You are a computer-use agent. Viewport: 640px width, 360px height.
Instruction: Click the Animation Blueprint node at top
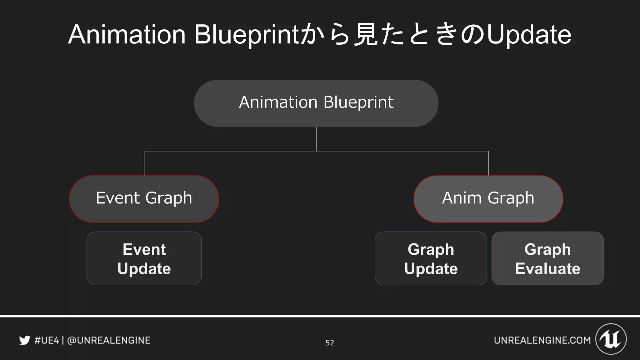click(x=316, y=103)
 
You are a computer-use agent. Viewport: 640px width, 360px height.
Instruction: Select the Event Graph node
click(x=144, y=199)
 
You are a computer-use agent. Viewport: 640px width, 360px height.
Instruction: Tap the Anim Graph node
click(x=488, y=199)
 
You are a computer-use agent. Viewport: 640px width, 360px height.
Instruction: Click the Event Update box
click(x=144, y=258)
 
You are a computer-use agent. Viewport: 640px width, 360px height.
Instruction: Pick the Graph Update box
click(x=431, y=258)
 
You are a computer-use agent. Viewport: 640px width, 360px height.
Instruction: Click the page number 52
click(x=330, y=343)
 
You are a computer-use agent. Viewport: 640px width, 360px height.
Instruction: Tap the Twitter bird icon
click(x=25, y=340)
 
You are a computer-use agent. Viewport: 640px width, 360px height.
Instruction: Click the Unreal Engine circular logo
click(x=611, y=339)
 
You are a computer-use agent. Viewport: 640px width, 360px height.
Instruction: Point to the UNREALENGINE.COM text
click(x=542, y=340)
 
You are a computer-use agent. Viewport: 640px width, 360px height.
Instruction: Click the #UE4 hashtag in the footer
click(x=47, y=340)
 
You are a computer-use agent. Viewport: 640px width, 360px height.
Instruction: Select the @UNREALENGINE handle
click(x=109, y=340)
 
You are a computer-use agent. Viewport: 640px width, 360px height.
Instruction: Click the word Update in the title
click(x=529, y=35)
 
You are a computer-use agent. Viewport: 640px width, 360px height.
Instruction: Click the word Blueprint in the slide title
click(x=246, y=35)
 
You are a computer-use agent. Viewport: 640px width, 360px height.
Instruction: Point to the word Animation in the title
click(x=127, y=35)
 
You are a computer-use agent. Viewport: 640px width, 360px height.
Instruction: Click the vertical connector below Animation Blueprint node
click(x=316, y=139)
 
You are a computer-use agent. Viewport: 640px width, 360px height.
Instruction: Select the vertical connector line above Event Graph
click(x=144, y=163)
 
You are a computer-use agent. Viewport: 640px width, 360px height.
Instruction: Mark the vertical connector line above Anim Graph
click(x=488, y=163)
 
